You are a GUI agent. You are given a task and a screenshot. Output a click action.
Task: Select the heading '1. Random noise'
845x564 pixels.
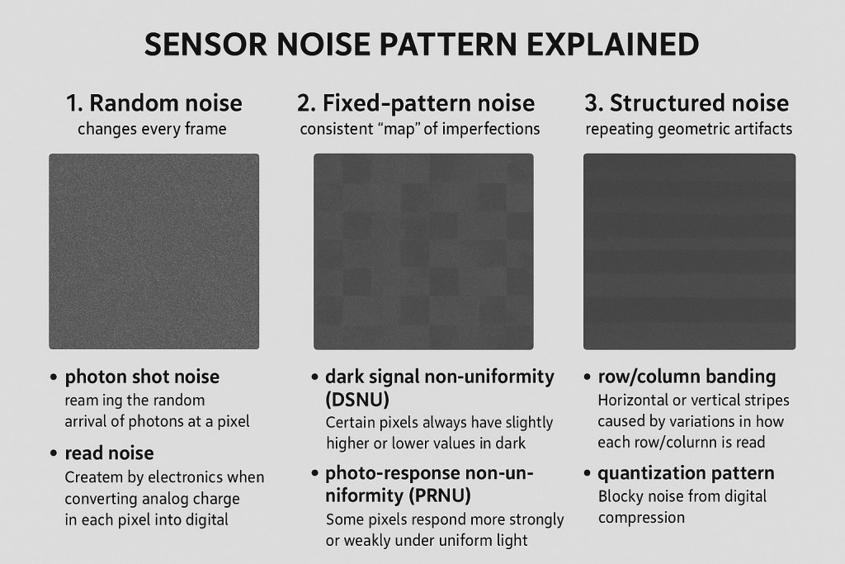click(153, 103)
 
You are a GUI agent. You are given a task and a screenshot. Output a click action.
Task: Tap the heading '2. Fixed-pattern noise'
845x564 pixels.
click(416, 103)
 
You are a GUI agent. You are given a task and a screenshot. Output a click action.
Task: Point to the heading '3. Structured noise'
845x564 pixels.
click(687, 103)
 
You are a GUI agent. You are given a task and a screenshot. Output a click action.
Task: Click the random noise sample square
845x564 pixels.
click(153, 251)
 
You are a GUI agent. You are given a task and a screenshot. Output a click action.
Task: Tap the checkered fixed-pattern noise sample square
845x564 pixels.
click(423, 251)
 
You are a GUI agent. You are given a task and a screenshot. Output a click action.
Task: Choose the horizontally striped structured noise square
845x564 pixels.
click(689, 251)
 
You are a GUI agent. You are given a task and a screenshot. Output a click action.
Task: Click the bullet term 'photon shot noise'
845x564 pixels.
click(142, 377)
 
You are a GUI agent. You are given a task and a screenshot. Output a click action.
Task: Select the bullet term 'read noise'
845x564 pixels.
click(109, 453)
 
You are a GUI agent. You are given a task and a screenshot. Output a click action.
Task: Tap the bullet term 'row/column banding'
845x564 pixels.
click(687, 377)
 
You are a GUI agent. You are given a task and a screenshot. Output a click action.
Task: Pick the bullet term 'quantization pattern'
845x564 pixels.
click(686, 473)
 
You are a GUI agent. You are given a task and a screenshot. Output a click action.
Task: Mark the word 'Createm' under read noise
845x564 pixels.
click(93, 477)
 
